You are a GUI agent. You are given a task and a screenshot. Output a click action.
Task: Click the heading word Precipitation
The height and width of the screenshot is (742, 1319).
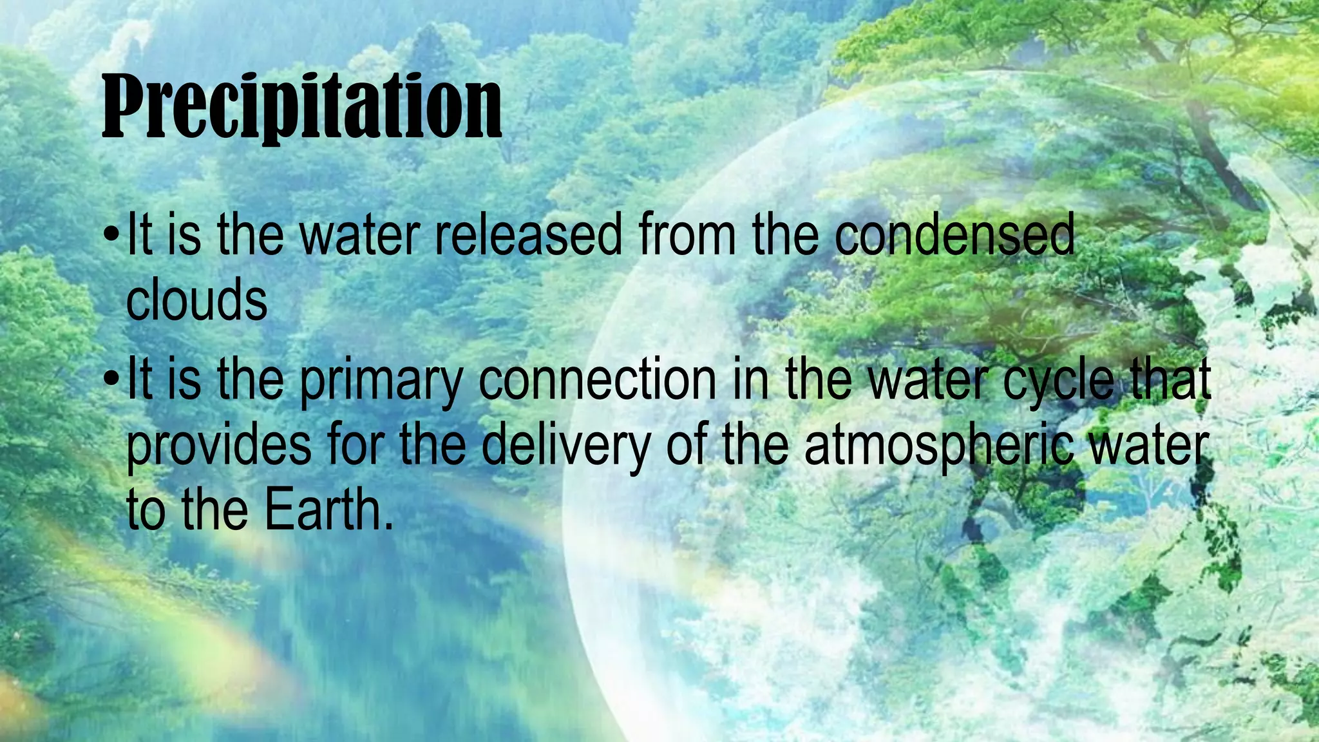[x=301, y=106]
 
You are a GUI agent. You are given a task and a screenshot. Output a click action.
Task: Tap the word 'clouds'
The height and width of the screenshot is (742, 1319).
[x=196, y=300]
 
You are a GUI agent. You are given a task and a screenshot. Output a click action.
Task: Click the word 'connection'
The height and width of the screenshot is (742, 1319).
[x=597, y=380]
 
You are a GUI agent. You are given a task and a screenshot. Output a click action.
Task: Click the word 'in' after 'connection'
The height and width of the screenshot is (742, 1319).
[x=750, y=380]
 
